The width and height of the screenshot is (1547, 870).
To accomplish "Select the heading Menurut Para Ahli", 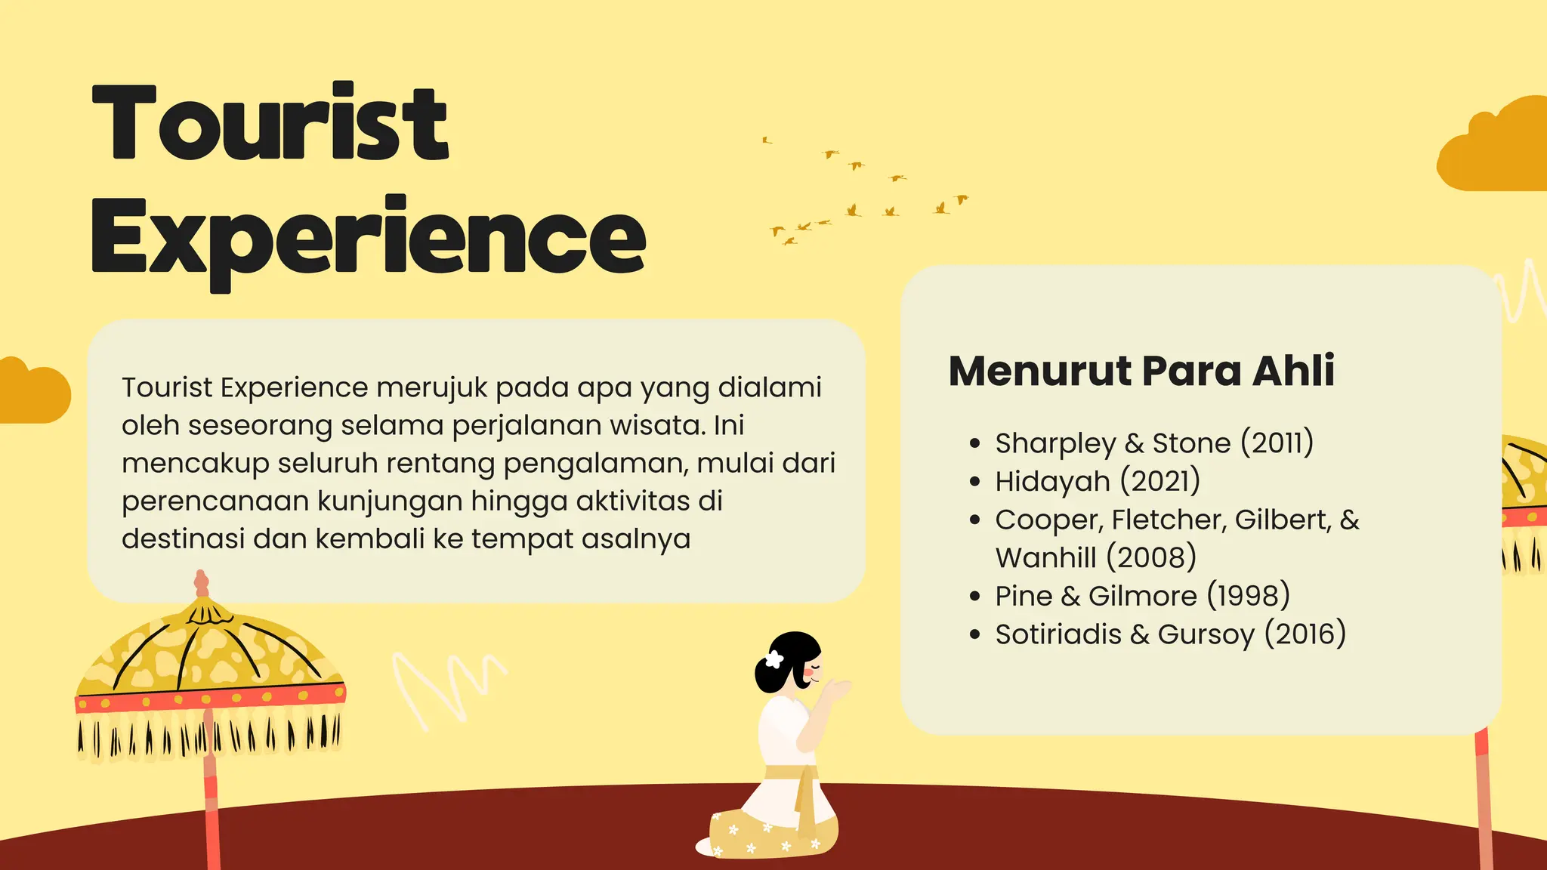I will click(1141, 371).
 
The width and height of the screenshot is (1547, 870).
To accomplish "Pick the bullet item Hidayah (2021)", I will click(1097, 482).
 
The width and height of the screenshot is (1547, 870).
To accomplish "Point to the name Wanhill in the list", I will click(1045, 558).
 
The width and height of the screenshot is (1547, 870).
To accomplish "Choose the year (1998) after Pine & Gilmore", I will click(1248, 596).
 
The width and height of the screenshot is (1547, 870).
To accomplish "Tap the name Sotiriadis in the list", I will click(1058, 634).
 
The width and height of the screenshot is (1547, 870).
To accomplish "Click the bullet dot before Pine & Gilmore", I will click(975, 597).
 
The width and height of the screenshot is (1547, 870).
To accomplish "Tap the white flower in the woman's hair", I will click(774, 659).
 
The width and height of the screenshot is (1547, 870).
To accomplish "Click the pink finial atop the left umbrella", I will click(201, 583).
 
